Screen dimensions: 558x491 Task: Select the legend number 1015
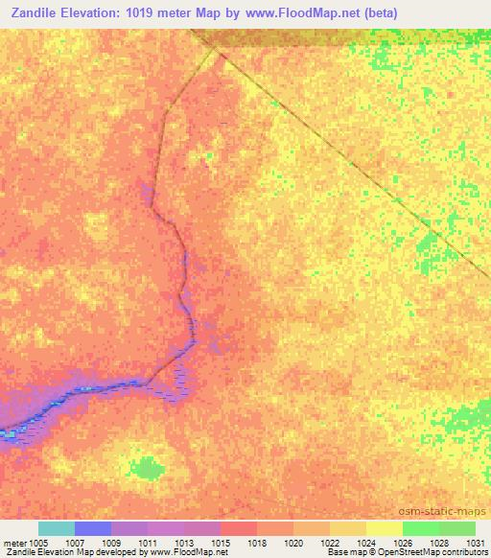click(221, 542)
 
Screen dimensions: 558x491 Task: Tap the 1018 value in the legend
click(258, 542)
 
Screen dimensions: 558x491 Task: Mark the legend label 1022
click(330, 542)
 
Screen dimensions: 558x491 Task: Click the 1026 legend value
click(402, 542)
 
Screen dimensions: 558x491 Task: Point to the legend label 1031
click(473, 542)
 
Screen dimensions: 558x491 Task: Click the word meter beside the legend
click(13, 542)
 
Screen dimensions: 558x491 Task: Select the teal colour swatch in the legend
click(57, 528)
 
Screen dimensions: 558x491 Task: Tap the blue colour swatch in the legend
click(93, 528)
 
